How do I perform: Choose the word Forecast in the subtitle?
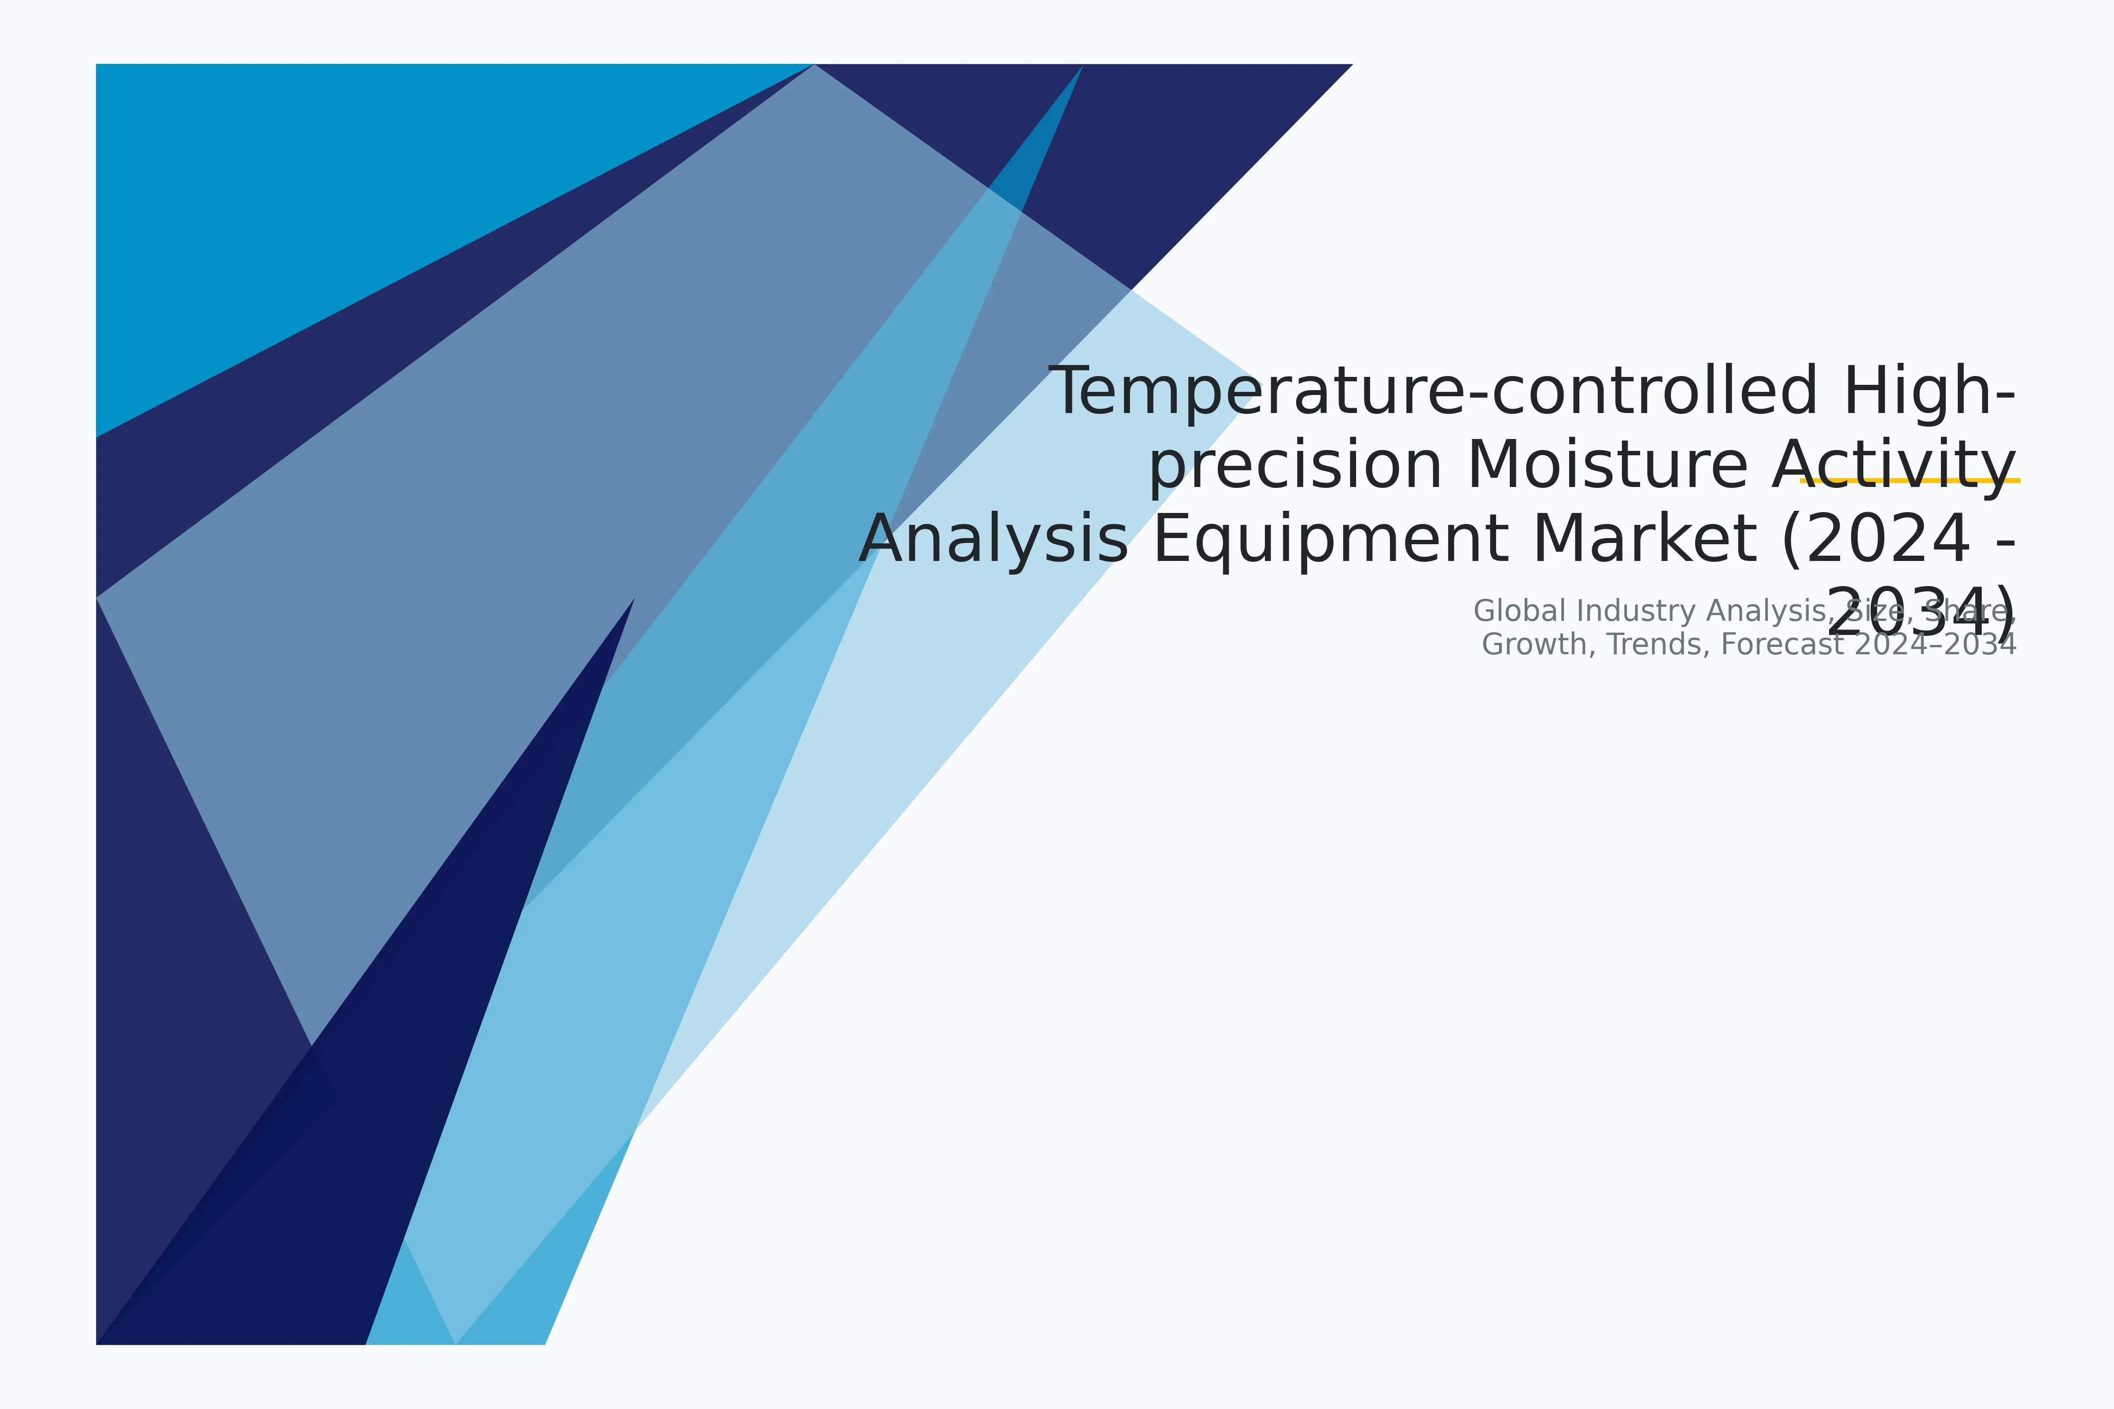click(1781, 644)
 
